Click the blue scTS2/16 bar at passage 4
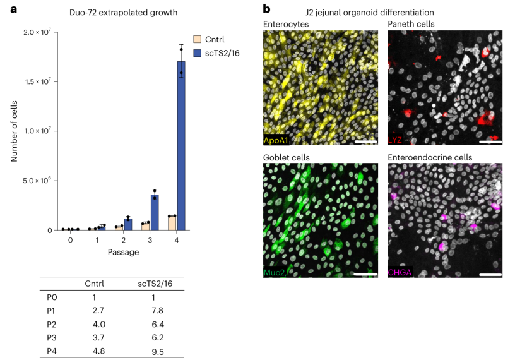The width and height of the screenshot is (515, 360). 181,145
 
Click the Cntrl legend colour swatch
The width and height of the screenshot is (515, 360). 197,39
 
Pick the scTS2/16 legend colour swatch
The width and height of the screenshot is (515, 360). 197,53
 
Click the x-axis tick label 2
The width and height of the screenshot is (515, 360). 124,241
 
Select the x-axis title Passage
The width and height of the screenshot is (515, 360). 124,252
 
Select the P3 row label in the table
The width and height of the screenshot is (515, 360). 52,337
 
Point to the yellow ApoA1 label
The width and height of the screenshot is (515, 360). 275,141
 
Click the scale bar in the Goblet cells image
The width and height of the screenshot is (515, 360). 366,274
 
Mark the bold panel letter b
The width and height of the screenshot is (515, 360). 266,9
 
